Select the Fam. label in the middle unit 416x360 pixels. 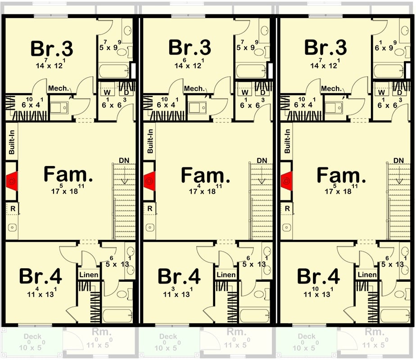click(206, 175)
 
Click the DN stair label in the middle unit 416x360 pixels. click(262, 161)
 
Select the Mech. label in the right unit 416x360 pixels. click(331, 89)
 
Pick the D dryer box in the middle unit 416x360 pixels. click(262, 93)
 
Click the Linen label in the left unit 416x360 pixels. click(89, 275)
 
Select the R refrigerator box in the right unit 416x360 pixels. click(286, 208)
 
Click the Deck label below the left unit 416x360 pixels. click(32, 337)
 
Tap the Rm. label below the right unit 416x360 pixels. click(375, 332)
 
